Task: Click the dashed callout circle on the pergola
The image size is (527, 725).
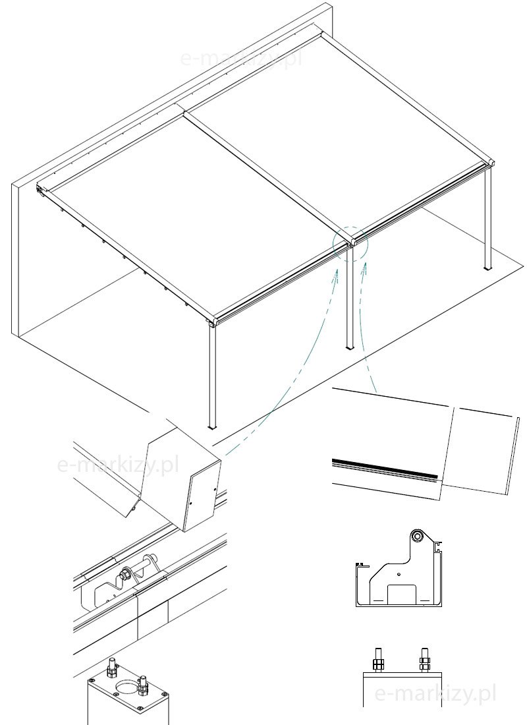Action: [x=350, y=227]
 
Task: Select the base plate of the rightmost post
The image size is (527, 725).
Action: [x=488, y=268]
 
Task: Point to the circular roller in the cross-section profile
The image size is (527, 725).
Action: [x=418, y=536]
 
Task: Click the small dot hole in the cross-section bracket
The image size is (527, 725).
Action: [x=399, y=575]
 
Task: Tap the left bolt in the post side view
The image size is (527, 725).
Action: [x=377, y=660]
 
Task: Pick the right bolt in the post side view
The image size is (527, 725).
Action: [x=424, y=660]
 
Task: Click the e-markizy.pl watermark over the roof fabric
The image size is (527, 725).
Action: [x=242, y=59]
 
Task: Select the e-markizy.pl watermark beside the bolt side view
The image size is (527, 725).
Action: [x=435, y=693]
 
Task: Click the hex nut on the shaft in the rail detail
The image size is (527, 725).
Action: [x=125, y=575]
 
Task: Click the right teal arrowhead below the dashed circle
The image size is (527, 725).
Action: [x=365, y=266]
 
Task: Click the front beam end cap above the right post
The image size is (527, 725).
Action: [x=491, y=164]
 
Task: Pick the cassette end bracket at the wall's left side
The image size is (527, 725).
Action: [x=40, y=190]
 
